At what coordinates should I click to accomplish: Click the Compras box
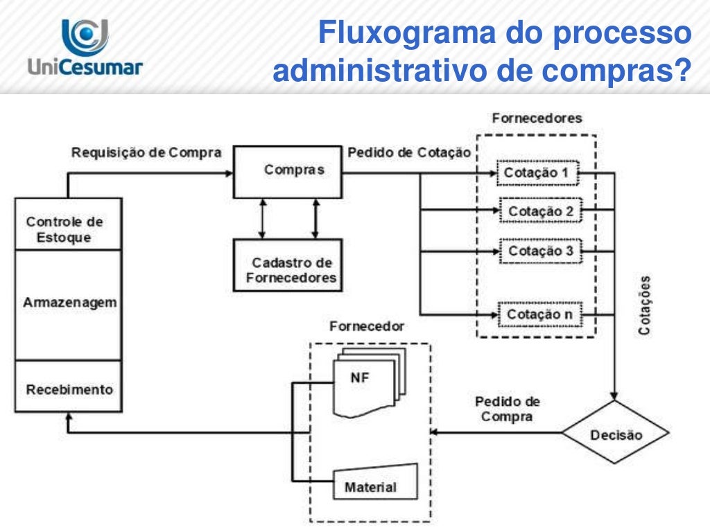tap(288, 170)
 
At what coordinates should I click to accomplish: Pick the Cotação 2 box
tap(540, 211)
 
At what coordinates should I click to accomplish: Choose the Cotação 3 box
tap(540, 251)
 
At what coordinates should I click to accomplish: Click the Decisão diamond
tap(615, 434)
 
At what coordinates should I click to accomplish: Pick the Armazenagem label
tap(69, 303)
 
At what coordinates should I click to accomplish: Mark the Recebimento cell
tap(69, 389)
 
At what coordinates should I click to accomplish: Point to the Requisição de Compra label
tap(146, 152)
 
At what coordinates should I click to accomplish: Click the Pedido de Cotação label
tap(409, 152)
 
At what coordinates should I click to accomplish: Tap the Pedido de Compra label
tap(507, 409)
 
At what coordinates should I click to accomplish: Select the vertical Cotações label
tap(645, 305)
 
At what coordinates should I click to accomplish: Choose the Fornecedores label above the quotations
tap(536, 118)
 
